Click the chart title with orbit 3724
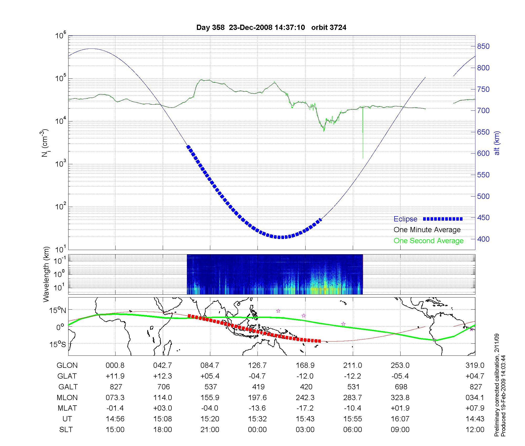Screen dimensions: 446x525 point(271,28)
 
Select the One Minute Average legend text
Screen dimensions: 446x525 point(427,230)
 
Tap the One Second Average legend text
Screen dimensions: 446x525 point(428,241)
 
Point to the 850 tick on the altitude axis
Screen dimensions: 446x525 point(483,46)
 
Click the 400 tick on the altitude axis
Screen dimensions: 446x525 point(483,239)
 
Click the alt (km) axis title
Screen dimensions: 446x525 point(497,143)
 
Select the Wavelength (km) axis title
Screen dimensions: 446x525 point(46,274)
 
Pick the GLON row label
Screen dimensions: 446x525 point(67,365)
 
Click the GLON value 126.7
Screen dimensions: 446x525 point(258,365)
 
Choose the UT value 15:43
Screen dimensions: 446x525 point(305,419)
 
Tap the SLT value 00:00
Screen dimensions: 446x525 point(258,430)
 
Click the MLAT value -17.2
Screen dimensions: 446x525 point(305,408)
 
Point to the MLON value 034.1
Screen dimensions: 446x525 point(475,398)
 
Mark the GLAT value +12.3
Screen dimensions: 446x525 point(163,376)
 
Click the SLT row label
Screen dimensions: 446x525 point(66,430)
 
